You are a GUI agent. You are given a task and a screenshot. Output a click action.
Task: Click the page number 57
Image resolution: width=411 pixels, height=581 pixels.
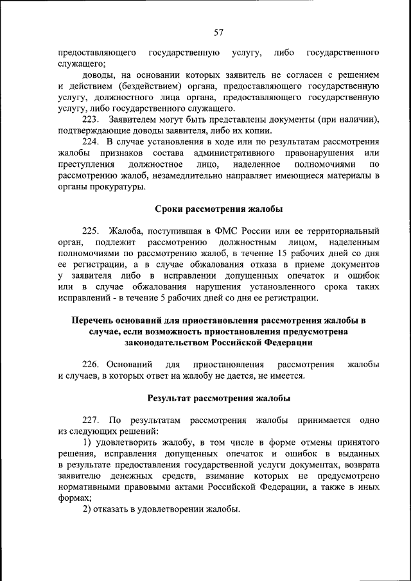click(218, 32)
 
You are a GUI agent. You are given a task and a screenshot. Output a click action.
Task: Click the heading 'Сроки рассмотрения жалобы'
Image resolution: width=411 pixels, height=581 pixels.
click(218, 208)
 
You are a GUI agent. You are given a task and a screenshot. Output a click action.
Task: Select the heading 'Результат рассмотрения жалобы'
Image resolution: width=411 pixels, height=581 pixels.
click(218, 397)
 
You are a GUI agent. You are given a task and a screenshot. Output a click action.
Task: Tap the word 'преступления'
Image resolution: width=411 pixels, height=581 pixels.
click(84, 164)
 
